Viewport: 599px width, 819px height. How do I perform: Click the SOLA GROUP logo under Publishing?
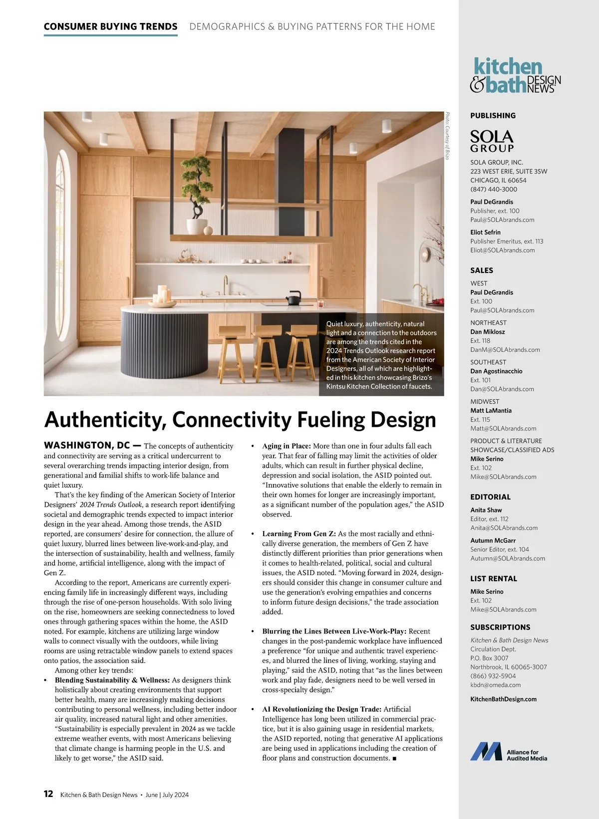pos(492,141)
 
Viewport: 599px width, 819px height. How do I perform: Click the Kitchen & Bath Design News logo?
pos(516,75)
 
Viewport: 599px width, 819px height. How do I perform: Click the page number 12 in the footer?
pos(48,794)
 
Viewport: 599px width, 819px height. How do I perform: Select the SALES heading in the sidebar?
pos(482,270)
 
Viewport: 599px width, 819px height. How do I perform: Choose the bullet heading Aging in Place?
pos(287,446)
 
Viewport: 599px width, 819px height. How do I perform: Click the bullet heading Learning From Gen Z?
pos(299,534)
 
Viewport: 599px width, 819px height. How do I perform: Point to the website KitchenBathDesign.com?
pos(503,699)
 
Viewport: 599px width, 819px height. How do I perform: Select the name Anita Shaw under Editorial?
pos(486,510)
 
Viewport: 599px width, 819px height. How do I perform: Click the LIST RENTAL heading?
pos(493,579)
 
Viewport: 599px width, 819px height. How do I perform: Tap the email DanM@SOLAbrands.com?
pos(505,350)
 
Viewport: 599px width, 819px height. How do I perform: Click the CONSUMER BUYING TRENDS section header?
pos(110,26)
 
